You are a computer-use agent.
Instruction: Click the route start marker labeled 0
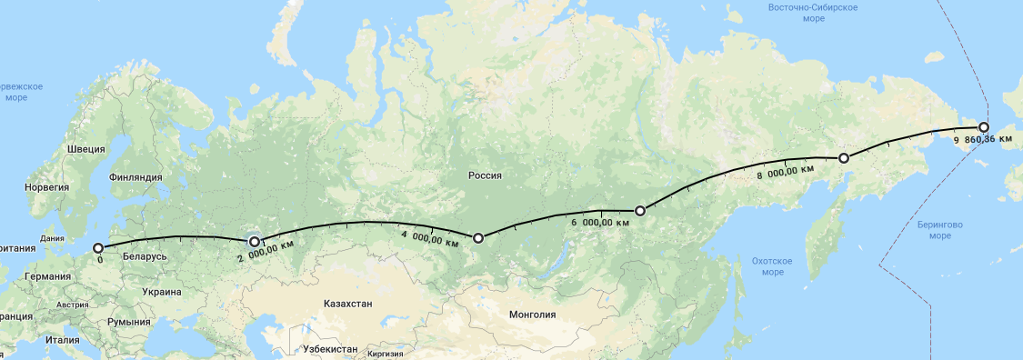click(98, 247)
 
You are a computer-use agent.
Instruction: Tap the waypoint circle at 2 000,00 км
click(255, 242)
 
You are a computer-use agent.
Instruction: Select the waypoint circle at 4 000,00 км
click(478, 238)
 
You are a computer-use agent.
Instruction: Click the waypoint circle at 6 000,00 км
click(640, 211)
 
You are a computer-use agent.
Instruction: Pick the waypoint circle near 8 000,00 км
click(844, 158)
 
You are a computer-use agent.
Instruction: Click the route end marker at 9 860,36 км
click(984, 128)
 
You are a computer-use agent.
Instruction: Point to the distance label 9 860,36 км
click(988, 141)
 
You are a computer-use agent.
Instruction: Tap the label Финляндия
click(135, 177)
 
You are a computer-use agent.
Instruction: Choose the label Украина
click(161, 292)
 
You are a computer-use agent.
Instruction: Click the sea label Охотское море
click(773, 266)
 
